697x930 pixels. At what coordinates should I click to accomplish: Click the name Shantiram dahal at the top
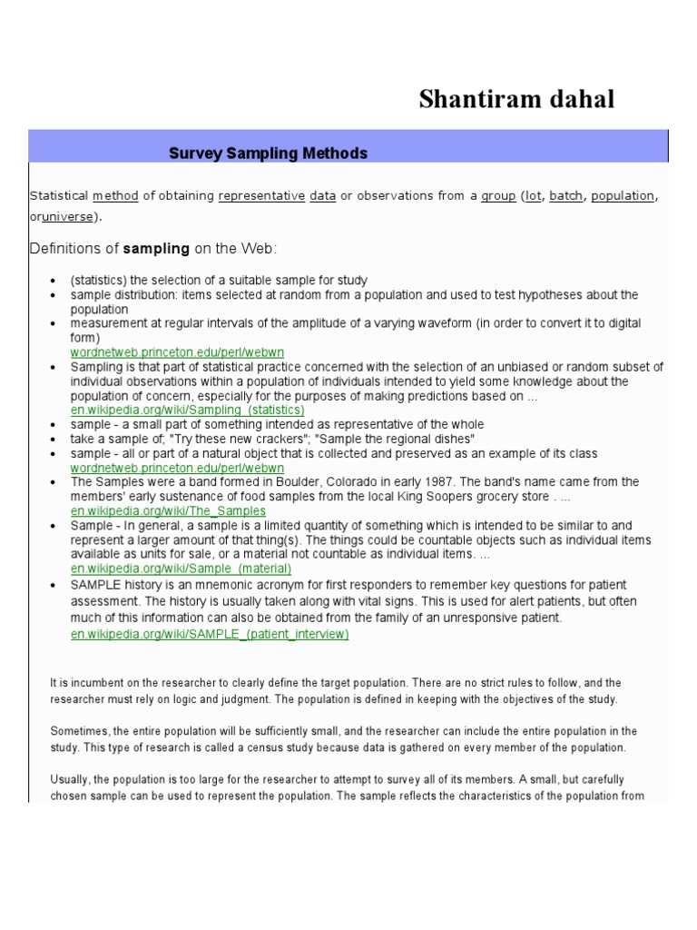tap(516, 99)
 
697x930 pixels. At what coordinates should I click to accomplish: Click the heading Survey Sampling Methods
tap(268, 153)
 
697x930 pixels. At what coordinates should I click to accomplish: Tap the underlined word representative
tap(261, 195)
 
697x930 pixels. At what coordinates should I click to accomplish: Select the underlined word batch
tap(566, 195)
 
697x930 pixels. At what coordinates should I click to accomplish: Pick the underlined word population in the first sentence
tap(623, 195)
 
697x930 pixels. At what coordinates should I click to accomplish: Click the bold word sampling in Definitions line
tap(156, 248)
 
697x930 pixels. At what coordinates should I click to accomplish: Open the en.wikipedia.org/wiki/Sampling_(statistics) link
tap(188, 410)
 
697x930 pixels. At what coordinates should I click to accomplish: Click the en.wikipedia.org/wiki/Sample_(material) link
tap(182, 569)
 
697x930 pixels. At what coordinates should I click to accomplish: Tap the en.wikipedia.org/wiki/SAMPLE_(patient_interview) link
tap(210, 634)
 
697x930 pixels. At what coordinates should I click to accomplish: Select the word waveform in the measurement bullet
tap(431, 323)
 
